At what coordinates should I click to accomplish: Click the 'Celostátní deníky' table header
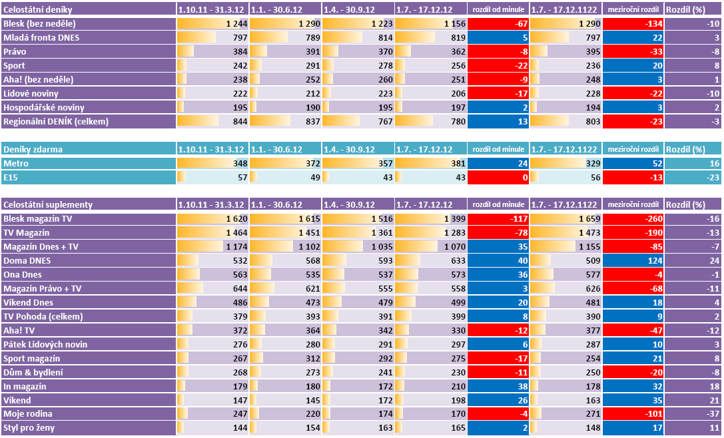click(39, 9)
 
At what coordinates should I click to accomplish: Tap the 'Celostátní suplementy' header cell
click(48, 204)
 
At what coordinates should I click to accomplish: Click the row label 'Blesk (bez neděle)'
click(43, 23)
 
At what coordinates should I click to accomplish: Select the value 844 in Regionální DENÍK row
click(239, 121)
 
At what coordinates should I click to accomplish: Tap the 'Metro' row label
click(15, 163)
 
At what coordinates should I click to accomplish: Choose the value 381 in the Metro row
click(456, 163)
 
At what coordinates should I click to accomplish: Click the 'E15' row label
click(11, 177)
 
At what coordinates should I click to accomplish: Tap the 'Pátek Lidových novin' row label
click(45, 344)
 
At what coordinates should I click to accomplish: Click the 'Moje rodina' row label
click(27, 413)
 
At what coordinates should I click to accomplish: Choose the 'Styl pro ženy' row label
click(30, 427)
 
